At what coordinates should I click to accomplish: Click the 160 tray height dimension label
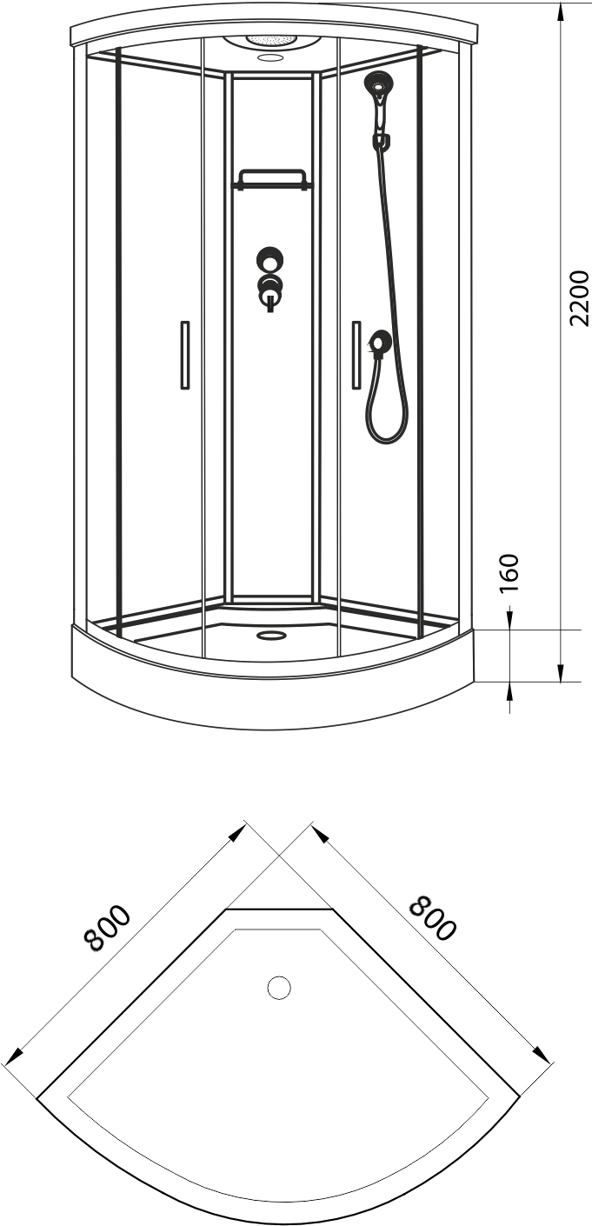[509, 573]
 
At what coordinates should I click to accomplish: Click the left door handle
[185, 356]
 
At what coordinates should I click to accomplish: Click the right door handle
[356, 356]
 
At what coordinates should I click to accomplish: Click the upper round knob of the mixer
[269, 259]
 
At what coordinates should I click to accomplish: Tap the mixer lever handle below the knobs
[269, 302]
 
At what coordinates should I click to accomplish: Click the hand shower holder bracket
[382, 141]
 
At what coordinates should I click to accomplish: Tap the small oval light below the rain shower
[268, 56]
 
